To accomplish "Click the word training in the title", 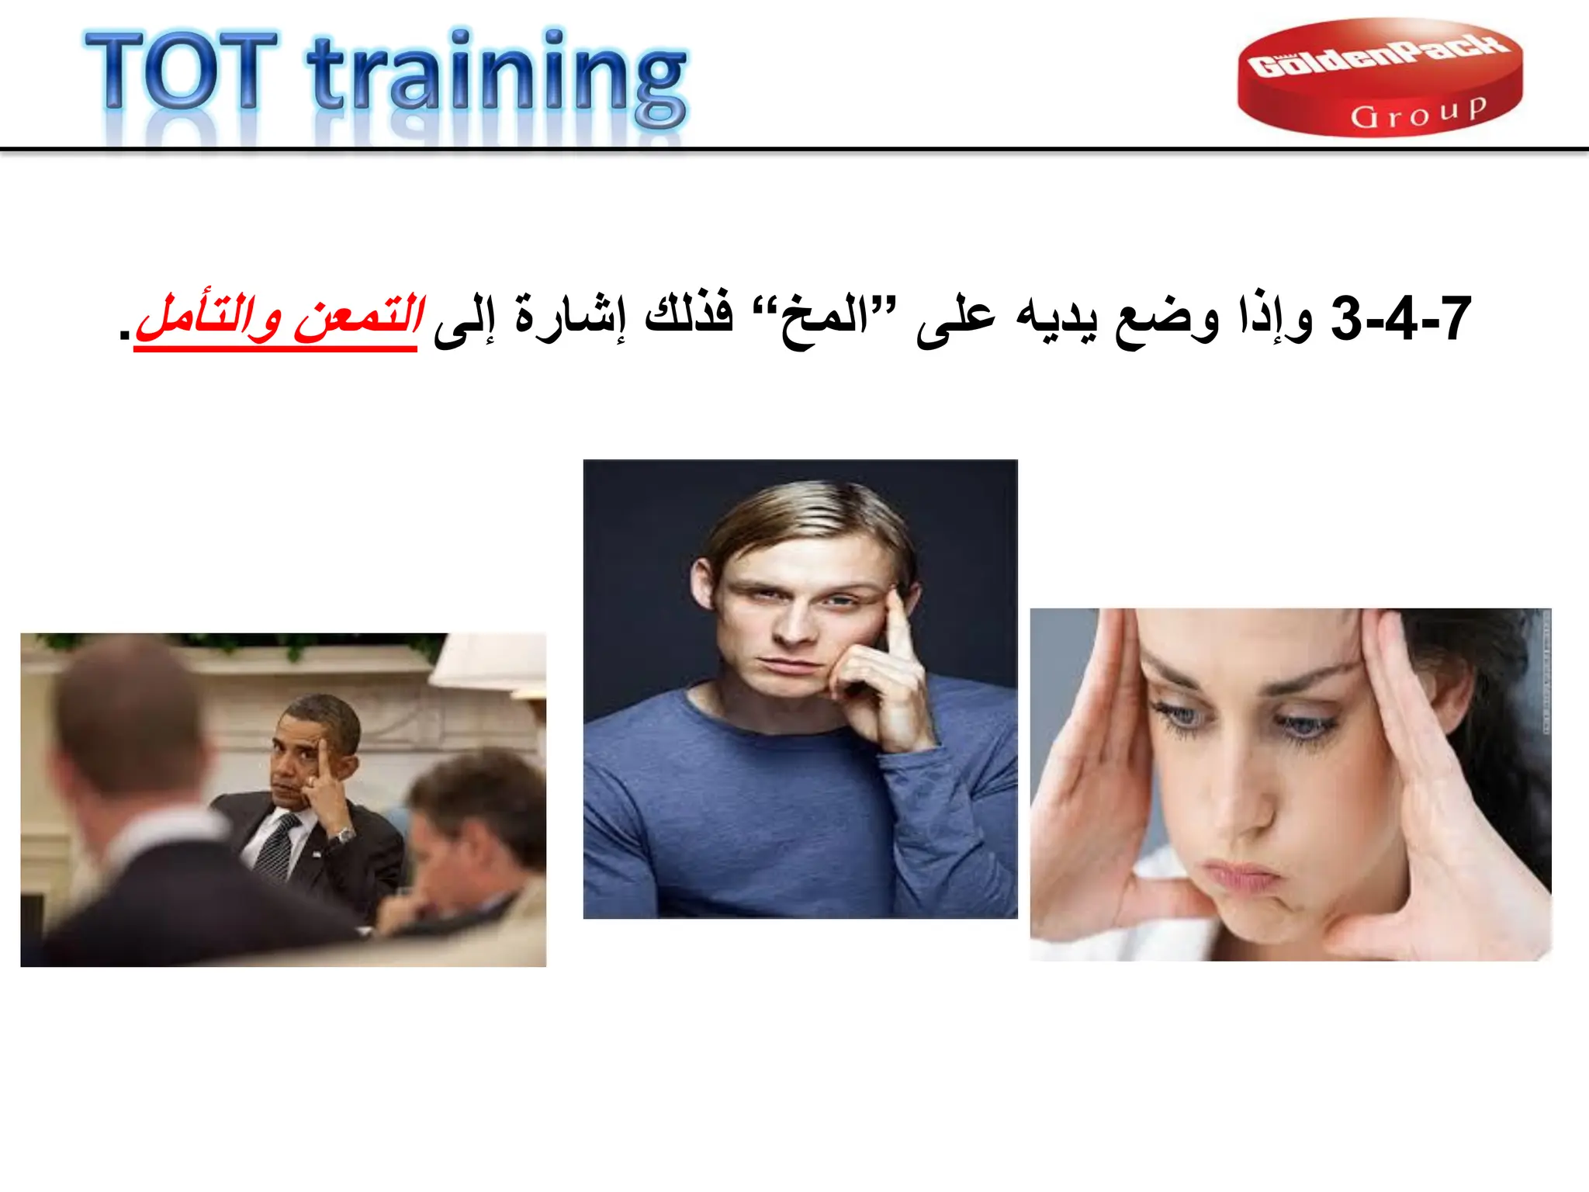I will point(497,78).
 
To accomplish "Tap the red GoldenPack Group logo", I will point(1380,78).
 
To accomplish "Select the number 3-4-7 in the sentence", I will point(1400,319).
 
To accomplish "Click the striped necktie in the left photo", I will point(275,846).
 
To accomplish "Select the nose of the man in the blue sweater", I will point(793,625).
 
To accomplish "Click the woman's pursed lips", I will point(1241,877).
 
